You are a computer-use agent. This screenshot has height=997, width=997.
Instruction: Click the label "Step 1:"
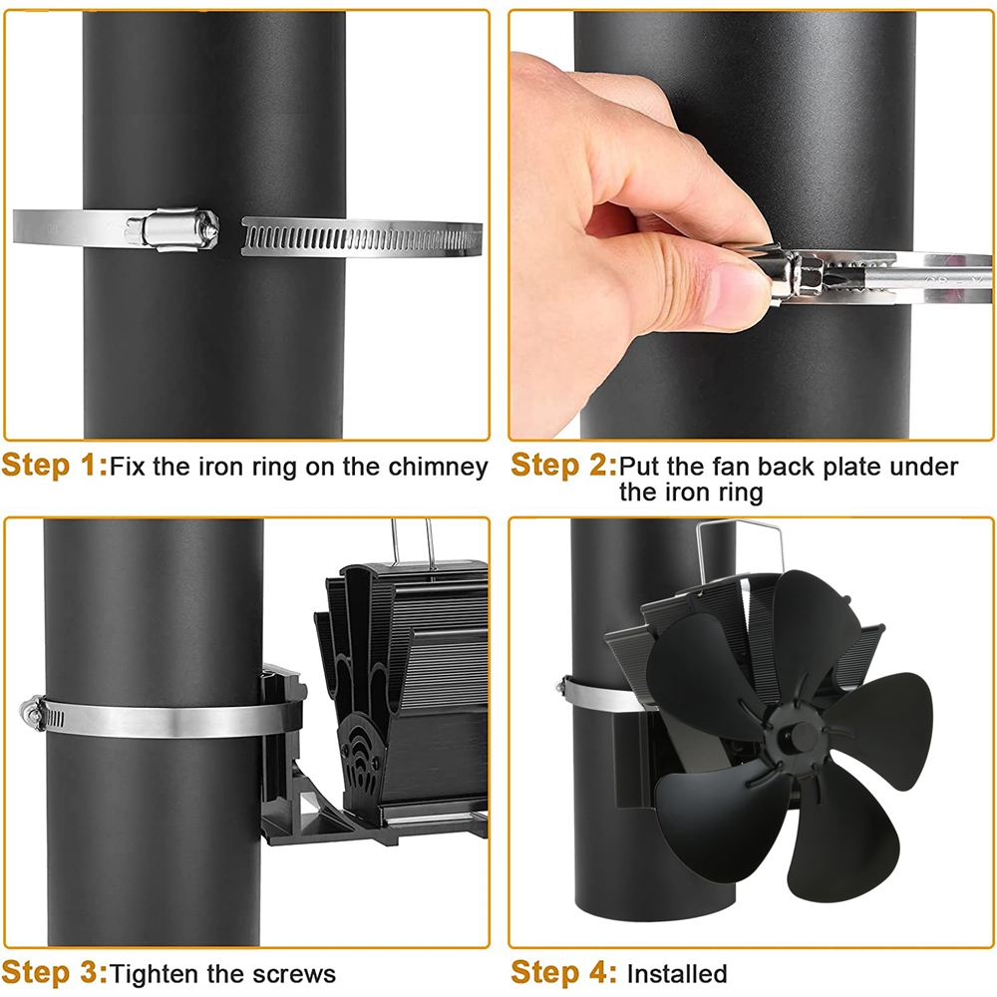55,465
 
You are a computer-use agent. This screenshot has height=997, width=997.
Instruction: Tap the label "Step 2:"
564,465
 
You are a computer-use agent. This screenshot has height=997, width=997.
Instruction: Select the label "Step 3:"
55,973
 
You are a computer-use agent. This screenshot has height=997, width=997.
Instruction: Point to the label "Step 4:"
564,973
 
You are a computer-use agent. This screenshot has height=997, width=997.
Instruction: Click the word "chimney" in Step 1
438,468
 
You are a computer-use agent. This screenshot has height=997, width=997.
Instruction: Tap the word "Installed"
677,973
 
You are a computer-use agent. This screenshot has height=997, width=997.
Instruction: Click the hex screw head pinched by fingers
795,274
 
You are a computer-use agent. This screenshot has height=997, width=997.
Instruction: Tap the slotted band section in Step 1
361,237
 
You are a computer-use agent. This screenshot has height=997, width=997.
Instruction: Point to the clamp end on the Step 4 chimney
562,687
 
